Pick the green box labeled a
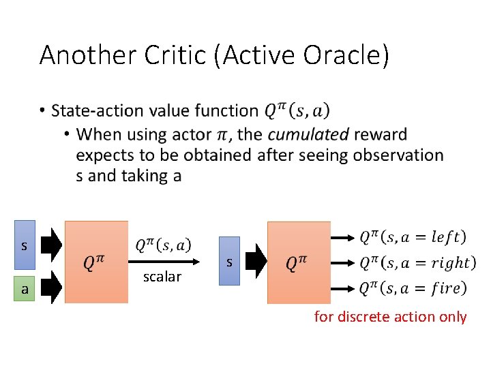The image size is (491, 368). pos(25,289)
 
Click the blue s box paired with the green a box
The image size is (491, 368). pos(25,245)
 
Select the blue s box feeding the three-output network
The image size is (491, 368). pos(230,261)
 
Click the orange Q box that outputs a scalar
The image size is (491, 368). pos(95,262)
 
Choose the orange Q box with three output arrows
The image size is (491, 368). pos(299,262)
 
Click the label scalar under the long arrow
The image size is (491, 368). pos(162,276)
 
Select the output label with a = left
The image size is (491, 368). pos(413,236)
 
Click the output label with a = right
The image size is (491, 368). pos(417,262)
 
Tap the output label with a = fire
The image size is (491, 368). pos(413,288)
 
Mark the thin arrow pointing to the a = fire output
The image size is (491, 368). pos(342,288)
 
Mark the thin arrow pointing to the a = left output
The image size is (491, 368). pos(342,237)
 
